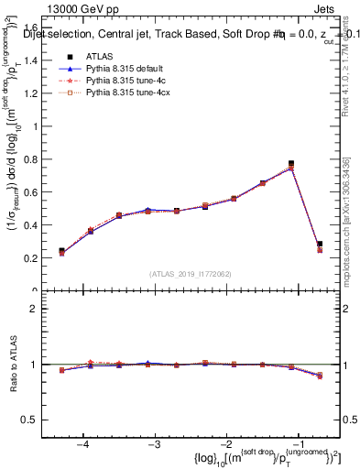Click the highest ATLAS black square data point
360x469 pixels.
pos(291,164)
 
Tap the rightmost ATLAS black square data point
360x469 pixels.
pos(319,245)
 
